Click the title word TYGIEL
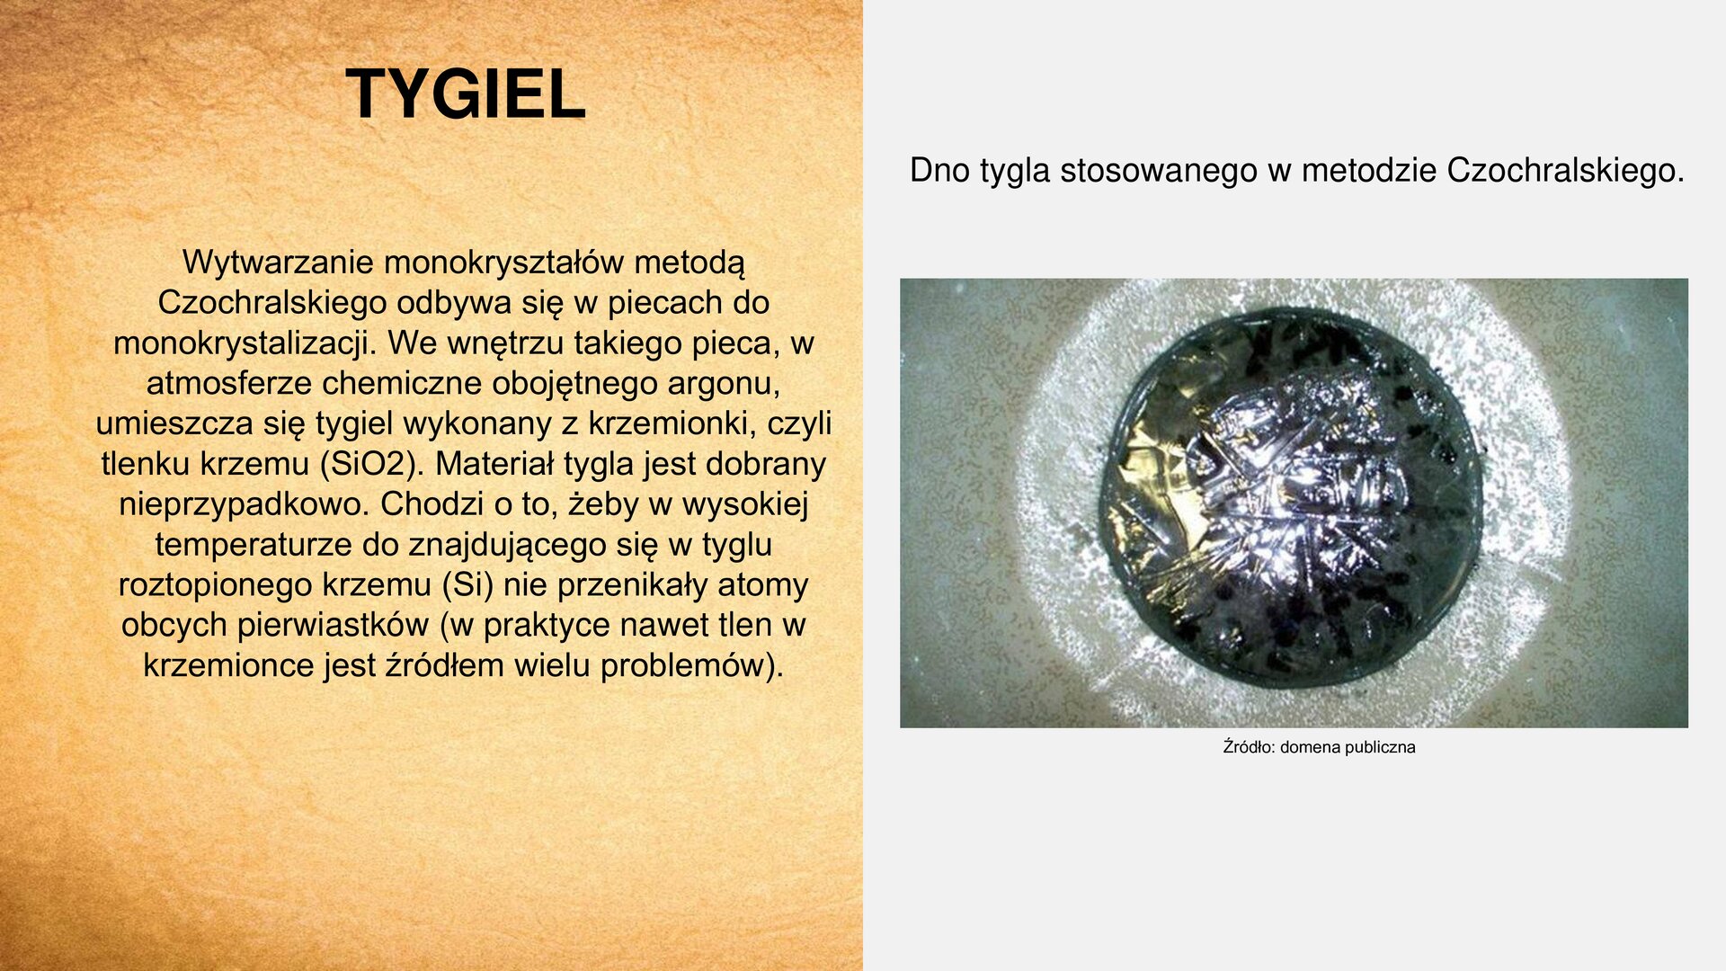pyautogui.click(x=465, y=94)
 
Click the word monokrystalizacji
pyautogui.click(x=243, y=343)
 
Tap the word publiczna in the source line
pyautogui.click(x=1380, y=747)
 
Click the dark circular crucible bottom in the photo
pyautogui.click(x=1290, y=499)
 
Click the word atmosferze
pyautogui.click(x=229, y=384)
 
